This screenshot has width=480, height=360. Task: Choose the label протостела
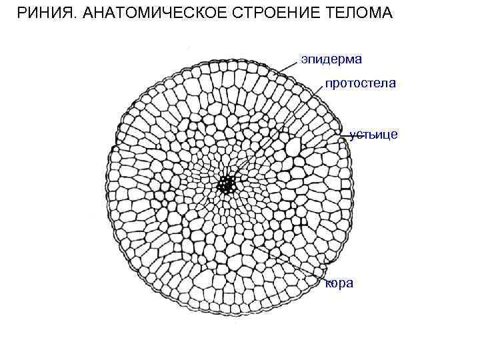click(x=361, y=83)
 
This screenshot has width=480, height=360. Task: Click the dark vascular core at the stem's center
click(x=227, y=183)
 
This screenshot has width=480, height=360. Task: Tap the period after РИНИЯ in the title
click(x=73, y=17)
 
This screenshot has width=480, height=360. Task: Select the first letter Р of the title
click(x=21, y=13)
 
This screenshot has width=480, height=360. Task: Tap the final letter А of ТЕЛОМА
click(x=388, y=13)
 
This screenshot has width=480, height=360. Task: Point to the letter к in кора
click(x=327, y=284)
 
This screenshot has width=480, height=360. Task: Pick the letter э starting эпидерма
click(x=303, y=61)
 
